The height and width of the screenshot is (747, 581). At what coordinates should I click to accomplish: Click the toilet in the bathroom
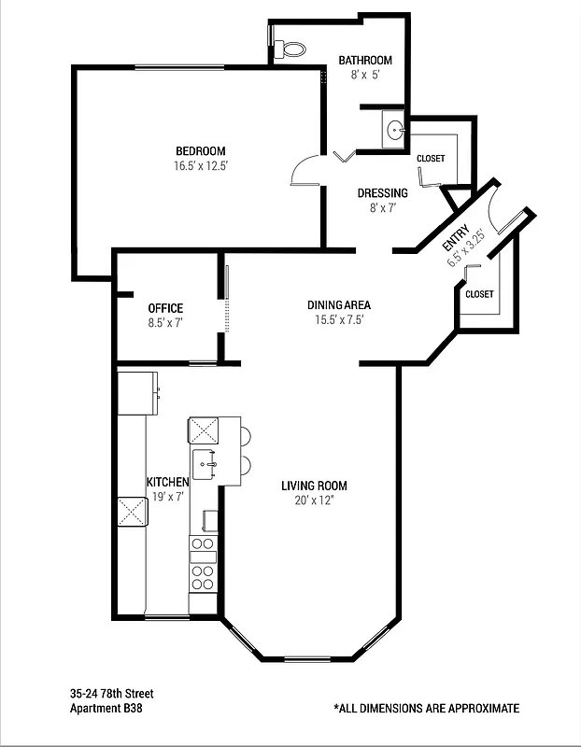(x=292, y=47)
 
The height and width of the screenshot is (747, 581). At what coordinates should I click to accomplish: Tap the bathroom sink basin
(x=394, y=130)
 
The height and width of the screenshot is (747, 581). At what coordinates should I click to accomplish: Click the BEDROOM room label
(x=201, y=151)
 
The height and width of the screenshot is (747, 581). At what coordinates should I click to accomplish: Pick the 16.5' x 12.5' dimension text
(x=201, y=166)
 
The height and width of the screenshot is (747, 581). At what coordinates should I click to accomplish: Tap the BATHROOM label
(x=365, y=61)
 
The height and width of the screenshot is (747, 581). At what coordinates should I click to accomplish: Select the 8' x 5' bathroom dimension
(x=365, y=75)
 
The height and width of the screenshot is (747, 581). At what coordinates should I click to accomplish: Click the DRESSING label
(x=383, y=193)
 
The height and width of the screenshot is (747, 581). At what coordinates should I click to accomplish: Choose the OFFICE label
(x=165, y=308)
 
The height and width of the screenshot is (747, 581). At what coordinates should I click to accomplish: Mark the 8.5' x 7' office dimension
(x=165, y=323)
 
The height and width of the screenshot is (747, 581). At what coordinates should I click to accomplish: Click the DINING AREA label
(x=340, y=304)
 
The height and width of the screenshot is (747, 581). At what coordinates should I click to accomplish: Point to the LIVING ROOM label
(x=315, y=486)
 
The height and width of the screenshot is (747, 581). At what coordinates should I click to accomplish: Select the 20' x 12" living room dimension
(x=315, y=500)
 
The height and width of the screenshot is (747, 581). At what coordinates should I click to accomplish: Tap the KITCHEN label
(x=168, y=482)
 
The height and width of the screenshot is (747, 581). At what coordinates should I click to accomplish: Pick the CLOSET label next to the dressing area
(x=431, y=159)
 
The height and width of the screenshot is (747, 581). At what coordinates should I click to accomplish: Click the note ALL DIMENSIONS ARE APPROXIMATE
(x=426, y=709)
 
